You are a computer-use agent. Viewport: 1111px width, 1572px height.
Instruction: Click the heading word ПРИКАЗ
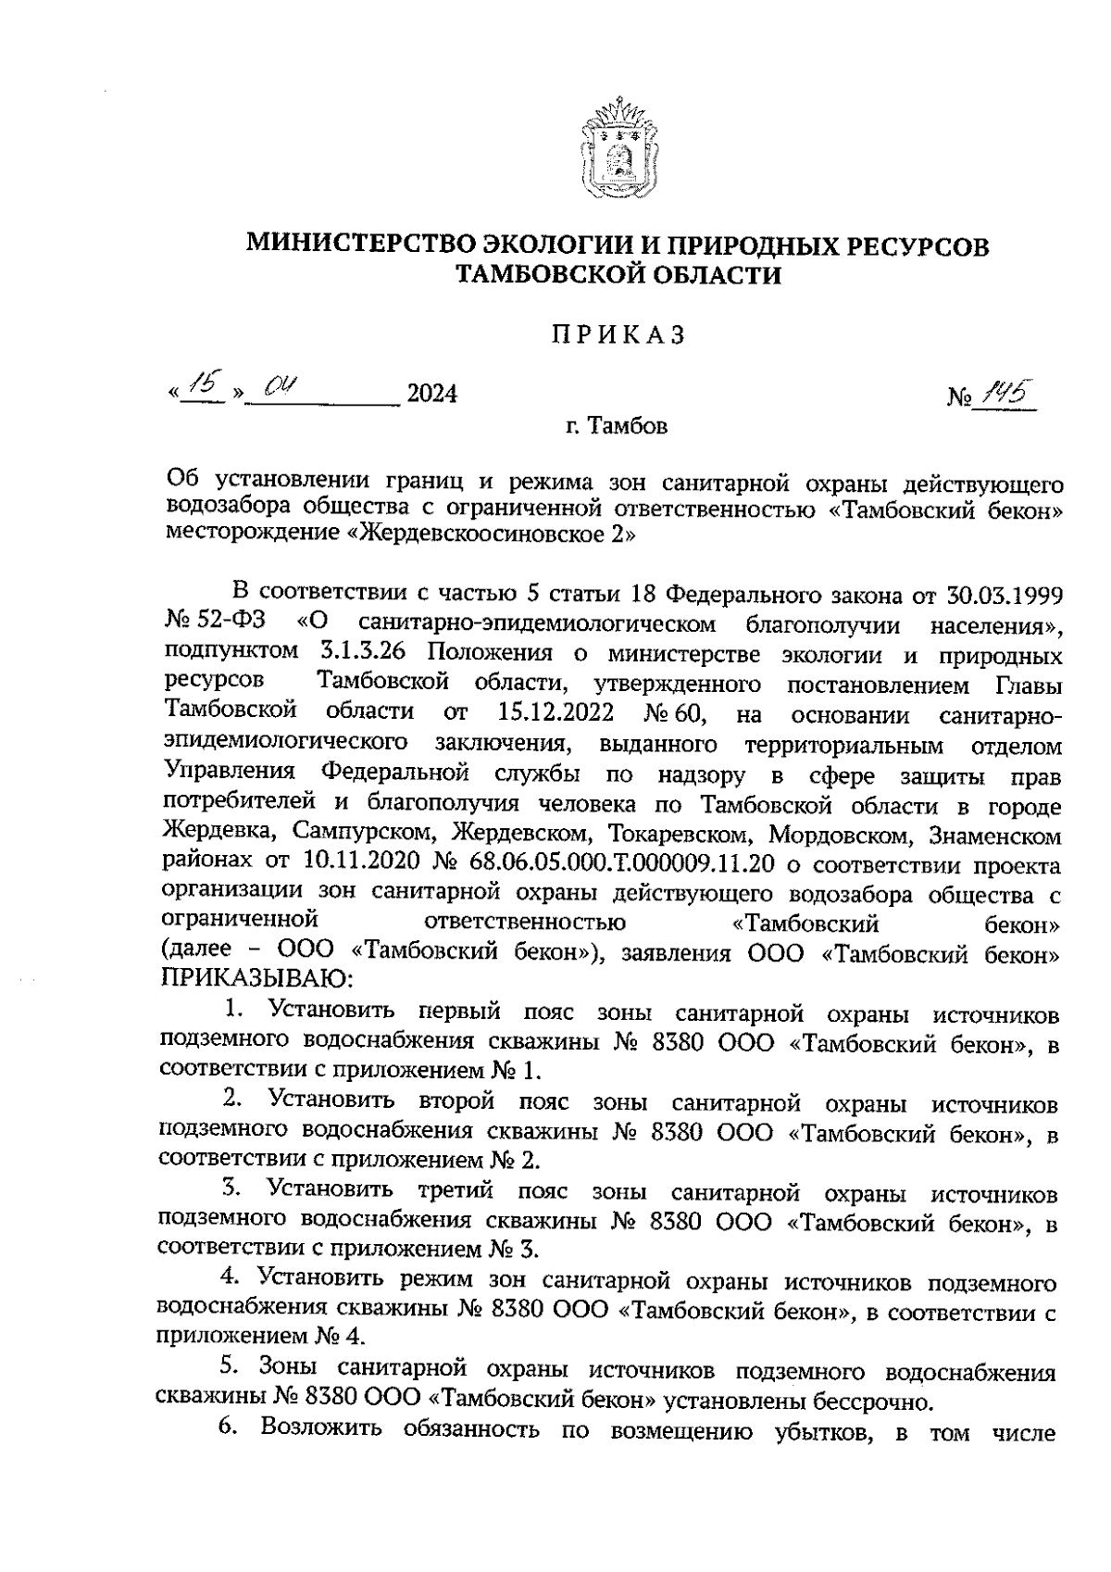pyautogui.click(x=618, y=335)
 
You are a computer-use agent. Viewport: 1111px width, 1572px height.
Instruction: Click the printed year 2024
pyautogui.click(x=432, y=396)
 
